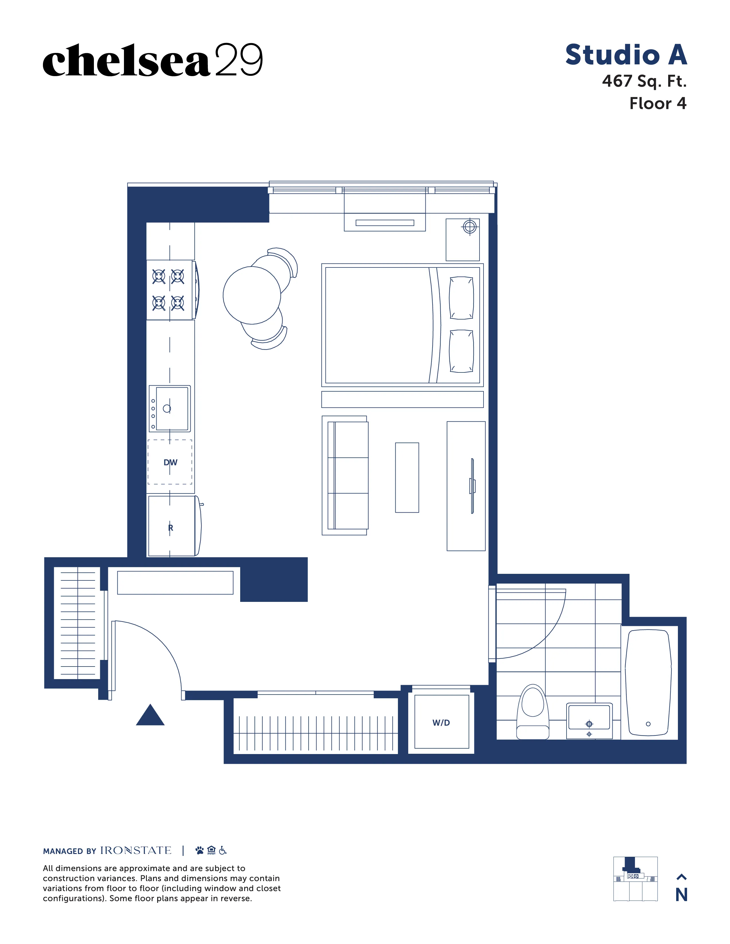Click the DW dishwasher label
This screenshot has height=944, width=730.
[x=170, y=462]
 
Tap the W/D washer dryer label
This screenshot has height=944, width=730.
[x=441, y=723]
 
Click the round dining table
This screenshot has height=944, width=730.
[x=252, y=295]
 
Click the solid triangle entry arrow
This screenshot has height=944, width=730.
[x=150, y=716]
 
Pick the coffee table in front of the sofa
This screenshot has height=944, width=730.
[x=407, y=478]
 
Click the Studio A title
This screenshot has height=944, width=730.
[x=626, y=55]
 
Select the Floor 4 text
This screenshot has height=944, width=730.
[x=657, y=103]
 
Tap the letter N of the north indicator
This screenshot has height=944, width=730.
[x=681, y=895]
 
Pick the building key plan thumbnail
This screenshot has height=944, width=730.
[x=635, y=879]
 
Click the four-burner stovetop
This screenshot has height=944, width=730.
[x=168, y=289]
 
